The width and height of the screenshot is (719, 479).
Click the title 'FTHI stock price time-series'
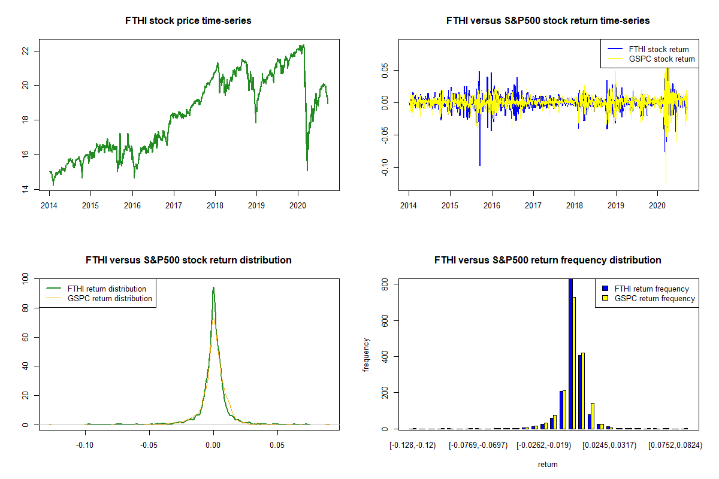[188, 21]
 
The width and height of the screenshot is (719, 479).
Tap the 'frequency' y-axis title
[367, 355]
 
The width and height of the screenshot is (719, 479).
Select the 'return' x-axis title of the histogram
[548, 464]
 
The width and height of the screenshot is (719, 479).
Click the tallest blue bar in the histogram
[570, 353]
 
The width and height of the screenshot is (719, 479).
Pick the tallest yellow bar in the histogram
[574, 363]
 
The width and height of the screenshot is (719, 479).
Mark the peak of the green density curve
[213, 287]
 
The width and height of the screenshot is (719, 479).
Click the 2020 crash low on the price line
[307, 170]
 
